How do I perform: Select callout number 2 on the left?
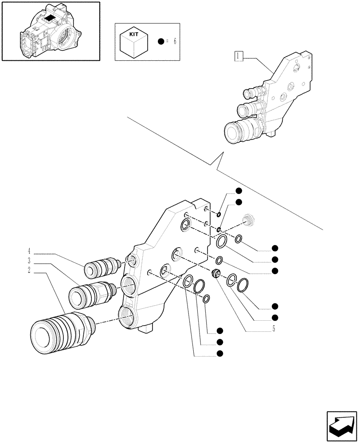29,270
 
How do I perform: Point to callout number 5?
274,329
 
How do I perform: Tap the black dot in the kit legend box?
161,42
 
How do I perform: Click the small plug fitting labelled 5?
217,273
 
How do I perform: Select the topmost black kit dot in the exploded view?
239,191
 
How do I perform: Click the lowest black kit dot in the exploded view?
219,353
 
